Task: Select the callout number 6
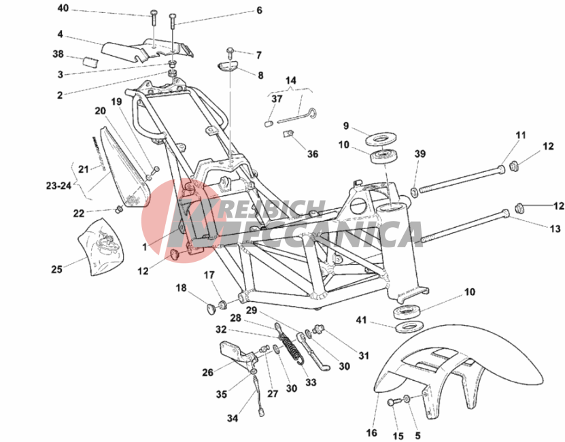(x=259, y=11)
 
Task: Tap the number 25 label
(x=56, y=269)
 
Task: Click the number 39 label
(x=420, y=154)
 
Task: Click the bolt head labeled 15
(x=392, y=403)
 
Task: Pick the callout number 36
(x=312, y=154)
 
